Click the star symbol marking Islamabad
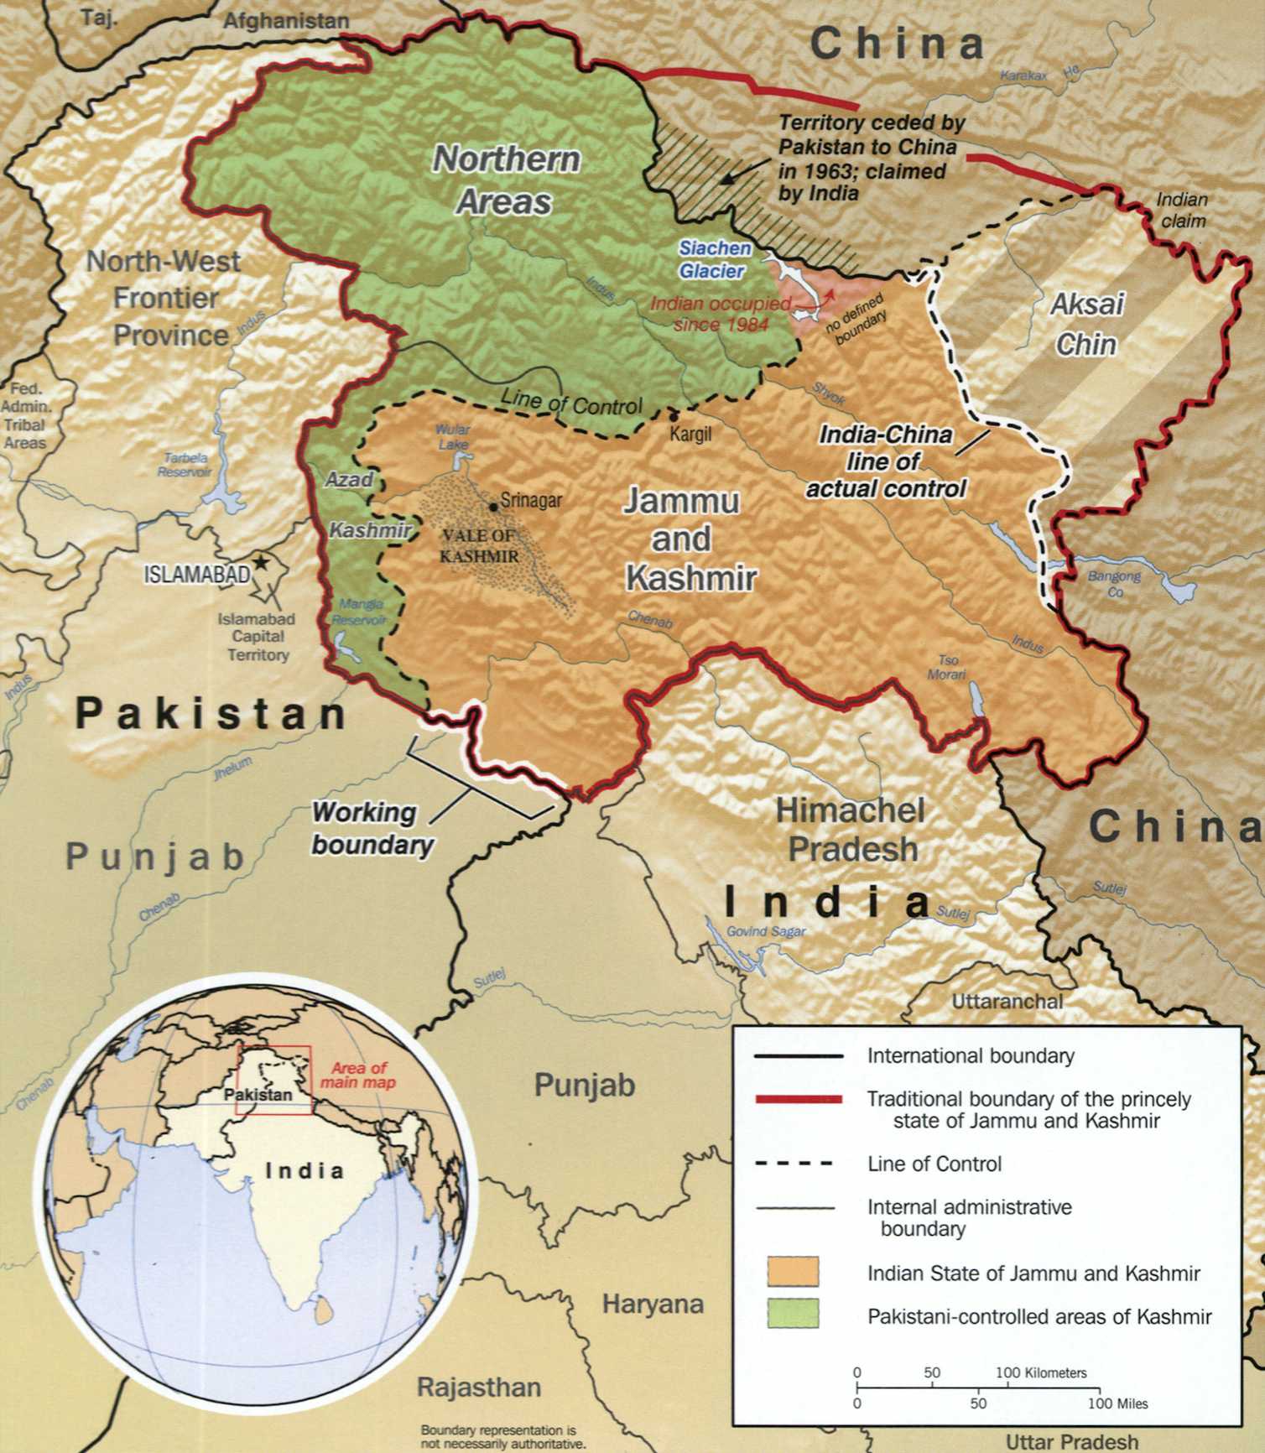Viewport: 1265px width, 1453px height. click(263, 563)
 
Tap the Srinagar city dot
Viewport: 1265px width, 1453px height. click(493, 507)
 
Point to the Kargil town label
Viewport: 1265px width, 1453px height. click(690, 435)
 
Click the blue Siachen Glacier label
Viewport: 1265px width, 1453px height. click(714, 259)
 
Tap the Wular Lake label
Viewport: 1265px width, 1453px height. click(452, 436)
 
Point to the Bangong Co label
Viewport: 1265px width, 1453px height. click(1114, 583)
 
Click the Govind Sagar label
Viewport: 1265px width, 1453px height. click(765, 931)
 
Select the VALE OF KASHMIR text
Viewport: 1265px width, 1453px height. click(479, 546)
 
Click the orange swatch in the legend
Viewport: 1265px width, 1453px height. click(793, 1272)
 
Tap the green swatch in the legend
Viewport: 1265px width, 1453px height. click(793, 1315)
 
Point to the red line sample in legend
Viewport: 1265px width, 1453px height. click(797, 1099)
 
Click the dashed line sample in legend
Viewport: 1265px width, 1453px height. click(794, 1164)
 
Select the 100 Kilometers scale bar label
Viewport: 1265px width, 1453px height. click(1040, 1373)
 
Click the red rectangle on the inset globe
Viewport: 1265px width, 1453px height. click(274, 1081)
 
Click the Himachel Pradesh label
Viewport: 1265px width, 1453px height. click(851, 830)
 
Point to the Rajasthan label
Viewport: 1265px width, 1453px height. click(479, 1387)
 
